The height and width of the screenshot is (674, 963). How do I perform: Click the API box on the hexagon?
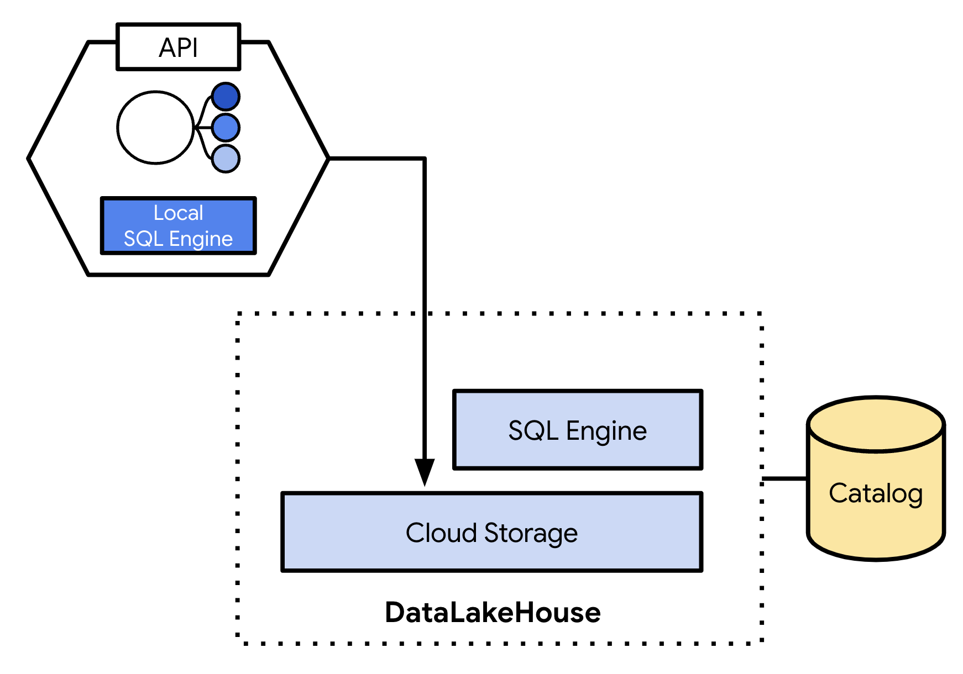(x=178, y=47)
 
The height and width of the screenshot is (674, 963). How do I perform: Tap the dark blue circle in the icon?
(x=226, y=97)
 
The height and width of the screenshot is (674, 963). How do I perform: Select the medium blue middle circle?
(x=226, y=128)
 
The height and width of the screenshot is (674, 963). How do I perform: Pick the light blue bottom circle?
(x=226, y=159)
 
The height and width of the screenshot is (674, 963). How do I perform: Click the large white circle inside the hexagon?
(x=156, y=128)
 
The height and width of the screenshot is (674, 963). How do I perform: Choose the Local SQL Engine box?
(x=178, y=225)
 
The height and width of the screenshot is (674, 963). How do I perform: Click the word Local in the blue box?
(x=178, y=213)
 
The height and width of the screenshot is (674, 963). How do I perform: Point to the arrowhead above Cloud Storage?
(x=425, y=472)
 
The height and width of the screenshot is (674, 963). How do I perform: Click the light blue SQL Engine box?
(x=577, y=430)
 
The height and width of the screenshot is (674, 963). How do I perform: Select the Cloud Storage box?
(x=491, y=532)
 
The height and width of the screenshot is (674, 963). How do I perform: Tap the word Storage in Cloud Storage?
(x=531, y=533)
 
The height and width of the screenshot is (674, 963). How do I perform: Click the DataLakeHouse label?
(x=493, y=612)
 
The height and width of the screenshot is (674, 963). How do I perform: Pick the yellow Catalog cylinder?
(x=876, y=497)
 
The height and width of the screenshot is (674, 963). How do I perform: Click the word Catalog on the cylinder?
(x=876, y=493)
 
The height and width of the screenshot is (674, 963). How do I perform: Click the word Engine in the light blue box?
(x=606, y=431)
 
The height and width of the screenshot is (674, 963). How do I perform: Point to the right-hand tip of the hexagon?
(x=328, y=159)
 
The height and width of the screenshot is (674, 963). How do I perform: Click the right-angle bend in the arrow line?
(x=424, y=159)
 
